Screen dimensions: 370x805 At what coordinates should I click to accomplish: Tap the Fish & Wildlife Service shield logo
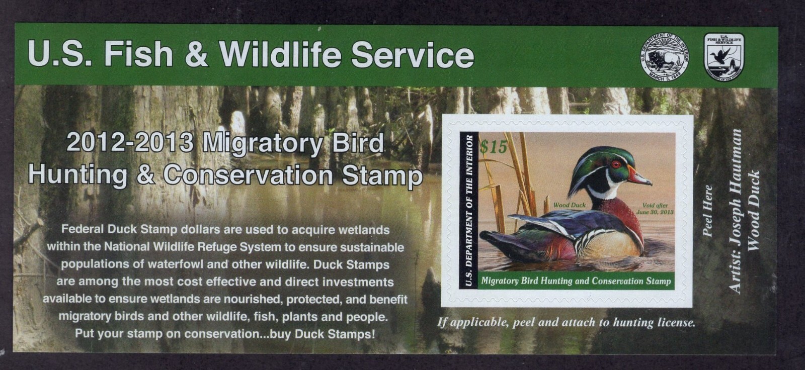(x=724, y=56)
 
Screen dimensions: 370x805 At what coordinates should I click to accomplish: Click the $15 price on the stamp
(x=493, y=147)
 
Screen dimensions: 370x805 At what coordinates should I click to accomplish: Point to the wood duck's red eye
(x=616, y=164)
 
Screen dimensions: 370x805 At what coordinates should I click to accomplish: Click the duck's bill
(x=639, y=177)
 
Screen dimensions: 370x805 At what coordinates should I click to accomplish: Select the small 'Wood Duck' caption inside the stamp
(x=569, y=205)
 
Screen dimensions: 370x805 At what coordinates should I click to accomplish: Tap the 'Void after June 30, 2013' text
(x=655, y=209)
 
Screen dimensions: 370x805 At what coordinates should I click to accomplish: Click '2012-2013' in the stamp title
(x=130, y=144)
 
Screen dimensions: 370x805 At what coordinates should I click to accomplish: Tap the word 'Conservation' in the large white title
(x=249, y=175)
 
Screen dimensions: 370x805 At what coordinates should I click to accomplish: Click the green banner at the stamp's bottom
(x=576, y=281)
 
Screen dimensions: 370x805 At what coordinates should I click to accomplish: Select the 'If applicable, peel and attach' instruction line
(x=566, y=322)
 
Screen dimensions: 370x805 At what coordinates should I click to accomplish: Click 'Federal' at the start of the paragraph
(x=83, y=230)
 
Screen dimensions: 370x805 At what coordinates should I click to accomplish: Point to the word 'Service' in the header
(x=412, y=55)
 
